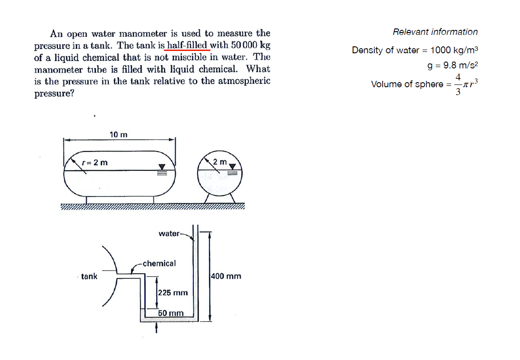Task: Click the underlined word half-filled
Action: (x=188, y=45)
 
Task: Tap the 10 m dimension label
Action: (x=119, y=135)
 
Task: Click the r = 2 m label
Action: (x=95, y=163)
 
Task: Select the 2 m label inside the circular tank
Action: (x=220, y=162)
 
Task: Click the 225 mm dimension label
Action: (x=173, y=292)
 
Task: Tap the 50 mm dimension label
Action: (x=171, y=313)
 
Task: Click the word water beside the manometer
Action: (x=169, y=234)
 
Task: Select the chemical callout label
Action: (x=159, y=264)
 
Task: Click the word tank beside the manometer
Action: (x=89, y=276)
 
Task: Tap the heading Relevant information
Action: (x=435, y=32)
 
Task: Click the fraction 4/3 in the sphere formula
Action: (x=458, y=84)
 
